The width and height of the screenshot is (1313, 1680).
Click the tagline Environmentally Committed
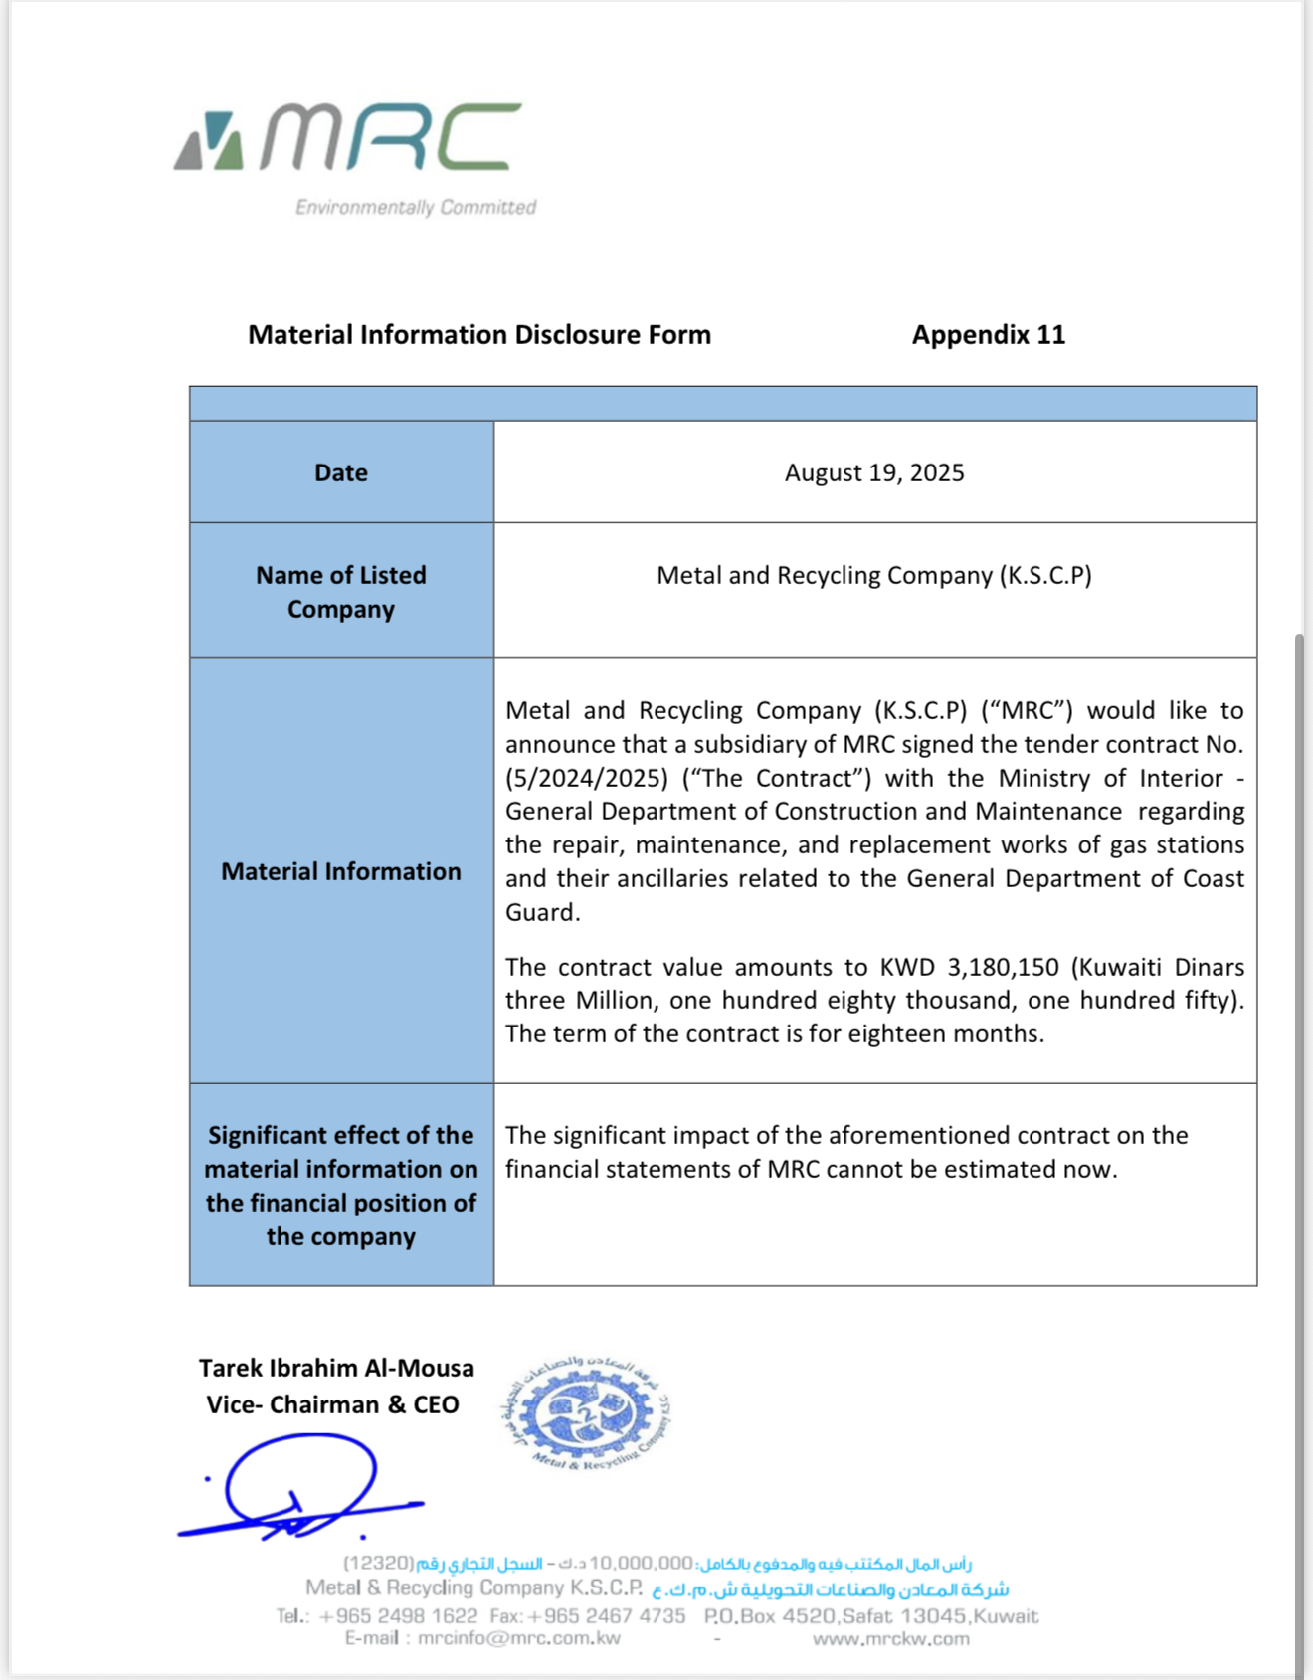[416, 207]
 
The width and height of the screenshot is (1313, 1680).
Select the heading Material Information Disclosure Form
[479, 335]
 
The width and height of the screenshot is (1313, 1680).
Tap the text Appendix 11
[988, 335]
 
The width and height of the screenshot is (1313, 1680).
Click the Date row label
[341, 472]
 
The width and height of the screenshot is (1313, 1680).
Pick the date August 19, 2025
[874, 472]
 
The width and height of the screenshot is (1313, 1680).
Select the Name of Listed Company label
[341, 592]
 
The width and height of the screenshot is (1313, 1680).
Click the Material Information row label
[341, 871]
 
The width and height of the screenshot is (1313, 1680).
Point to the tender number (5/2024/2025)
[586, 778]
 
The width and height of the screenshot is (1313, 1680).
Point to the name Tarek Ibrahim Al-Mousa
[336, 1368]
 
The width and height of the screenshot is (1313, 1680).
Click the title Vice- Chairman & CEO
[332, 1404]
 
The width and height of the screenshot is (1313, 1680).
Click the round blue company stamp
[587, 1412]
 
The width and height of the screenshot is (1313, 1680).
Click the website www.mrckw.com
[890, 1638]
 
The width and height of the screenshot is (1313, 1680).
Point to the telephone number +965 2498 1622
[398, 1616]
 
